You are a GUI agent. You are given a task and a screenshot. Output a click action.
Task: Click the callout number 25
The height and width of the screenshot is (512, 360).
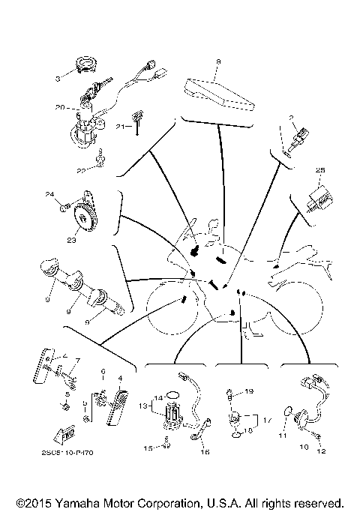click(x=320, y=170)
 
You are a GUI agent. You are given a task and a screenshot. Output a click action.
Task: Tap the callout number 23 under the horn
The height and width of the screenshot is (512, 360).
click(x=72, y=241)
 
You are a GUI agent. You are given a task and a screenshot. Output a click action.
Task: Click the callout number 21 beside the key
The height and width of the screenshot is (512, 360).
click(x=119, y=127)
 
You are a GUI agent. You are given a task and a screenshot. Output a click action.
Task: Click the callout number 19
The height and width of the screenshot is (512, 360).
click(x=250, y=391)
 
